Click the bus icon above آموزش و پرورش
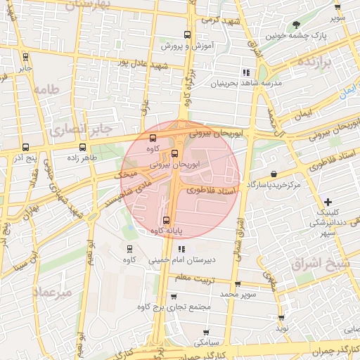point(187,34)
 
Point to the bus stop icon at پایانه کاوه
point(165,220)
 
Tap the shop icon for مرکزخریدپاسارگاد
point(274,174)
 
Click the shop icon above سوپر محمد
point(237,284)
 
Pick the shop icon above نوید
point(282,319)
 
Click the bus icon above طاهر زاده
point(83,148)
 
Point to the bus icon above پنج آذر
point(26,148)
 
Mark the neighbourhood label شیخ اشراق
point(316,264)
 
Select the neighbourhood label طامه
point(45,90)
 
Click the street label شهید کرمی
point(220,20)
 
